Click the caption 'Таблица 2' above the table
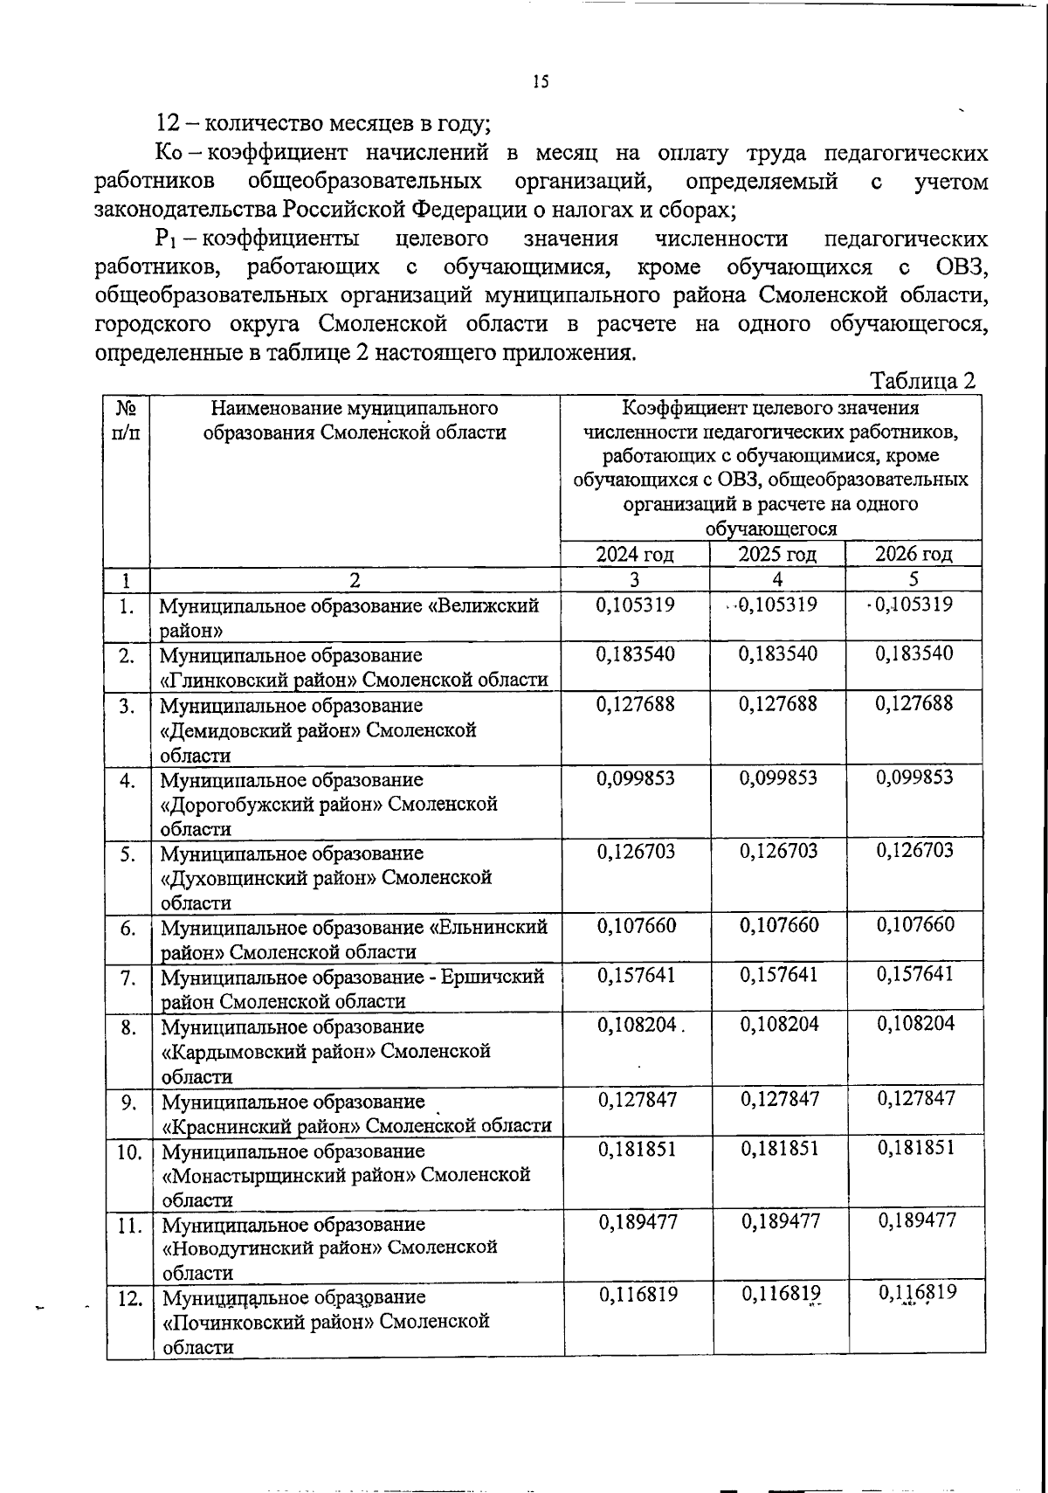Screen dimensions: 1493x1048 922,381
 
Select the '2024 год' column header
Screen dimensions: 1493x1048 635,554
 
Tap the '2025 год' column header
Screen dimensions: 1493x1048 777,554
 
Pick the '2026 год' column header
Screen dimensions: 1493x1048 914,554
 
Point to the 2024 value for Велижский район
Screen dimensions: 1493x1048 635,605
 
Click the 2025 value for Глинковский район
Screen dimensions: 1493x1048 778,654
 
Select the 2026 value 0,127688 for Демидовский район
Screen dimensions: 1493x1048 914,703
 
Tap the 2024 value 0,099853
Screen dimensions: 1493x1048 636,778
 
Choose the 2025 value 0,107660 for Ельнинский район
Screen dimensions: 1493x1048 779,925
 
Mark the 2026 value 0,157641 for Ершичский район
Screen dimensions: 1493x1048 915,974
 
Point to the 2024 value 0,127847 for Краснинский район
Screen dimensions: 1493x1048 637,1099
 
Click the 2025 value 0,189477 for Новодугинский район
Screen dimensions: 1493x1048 780,1221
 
